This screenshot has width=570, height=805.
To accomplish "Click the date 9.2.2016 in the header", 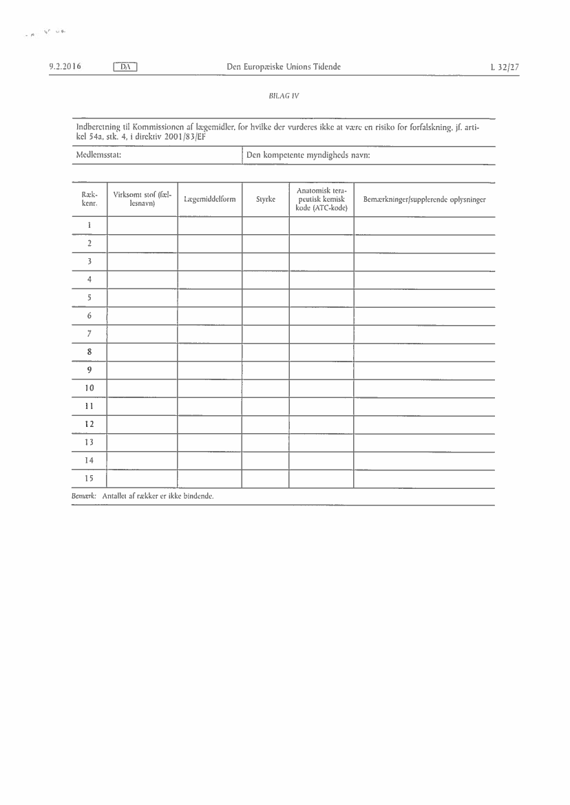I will (x=65, y=67).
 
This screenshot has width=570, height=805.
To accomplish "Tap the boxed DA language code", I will (x=125, y=67).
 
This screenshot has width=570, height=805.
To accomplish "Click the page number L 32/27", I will (x=505, y=67).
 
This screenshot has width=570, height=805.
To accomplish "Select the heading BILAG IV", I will (x=284, y=96).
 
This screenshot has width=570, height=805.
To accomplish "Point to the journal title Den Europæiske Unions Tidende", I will (x=284, y=67).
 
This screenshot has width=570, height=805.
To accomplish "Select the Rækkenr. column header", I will (x=89, y=200).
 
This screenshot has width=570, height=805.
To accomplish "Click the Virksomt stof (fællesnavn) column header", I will (x=142, y=200).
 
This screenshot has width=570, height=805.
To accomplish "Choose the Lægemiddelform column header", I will (x=209, y=200).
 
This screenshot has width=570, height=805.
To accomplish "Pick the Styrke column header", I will (x=265, y=200).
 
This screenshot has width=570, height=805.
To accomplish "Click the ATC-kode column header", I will (x=321, y=199).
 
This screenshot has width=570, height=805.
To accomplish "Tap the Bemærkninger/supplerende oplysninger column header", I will (x=424, y=200).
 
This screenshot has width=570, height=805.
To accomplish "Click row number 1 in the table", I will (x=89, y=226).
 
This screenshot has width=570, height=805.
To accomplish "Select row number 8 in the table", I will (x=89, y=352).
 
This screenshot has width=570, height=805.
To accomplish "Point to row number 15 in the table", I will (x=89, y=479).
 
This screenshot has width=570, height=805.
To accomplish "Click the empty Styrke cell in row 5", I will (x=265, y=298).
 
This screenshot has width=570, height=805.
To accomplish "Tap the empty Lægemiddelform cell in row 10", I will (x=209, y=388).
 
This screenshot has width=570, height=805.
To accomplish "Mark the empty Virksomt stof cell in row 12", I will (x=142, y=424).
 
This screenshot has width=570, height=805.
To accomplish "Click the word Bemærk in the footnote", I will (x=83, y=496).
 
